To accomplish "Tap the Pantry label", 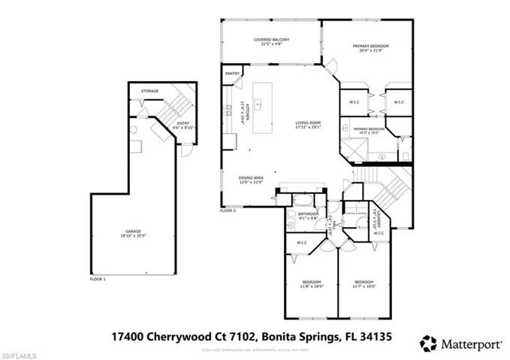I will pos(233,74).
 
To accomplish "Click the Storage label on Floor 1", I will pos(149,91).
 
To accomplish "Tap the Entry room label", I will pos(183,125).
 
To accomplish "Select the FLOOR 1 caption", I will pos(98,279).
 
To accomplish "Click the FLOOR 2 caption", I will pos(228,211).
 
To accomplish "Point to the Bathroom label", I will pos(308,216).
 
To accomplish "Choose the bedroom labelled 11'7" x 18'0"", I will pos(364,284).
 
